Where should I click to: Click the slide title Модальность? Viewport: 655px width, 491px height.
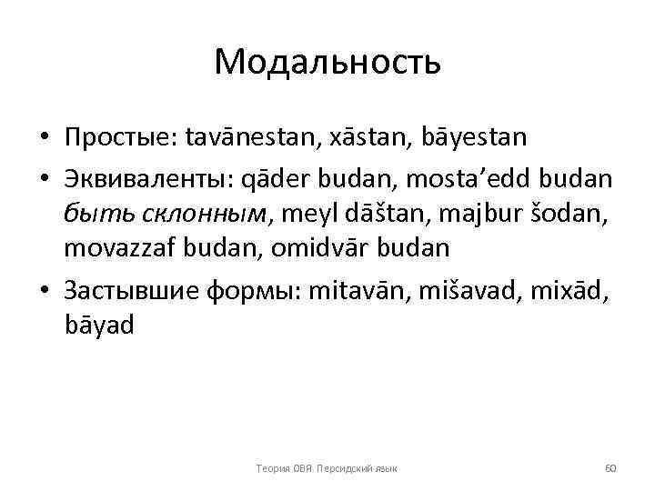point(327,62)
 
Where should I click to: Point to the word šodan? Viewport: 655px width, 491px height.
point(565,214)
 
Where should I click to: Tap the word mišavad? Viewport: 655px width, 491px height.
point(475,289)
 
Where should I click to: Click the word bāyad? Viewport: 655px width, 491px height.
point(99,323)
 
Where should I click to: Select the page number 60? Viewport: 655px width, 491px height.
point(610,467)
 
